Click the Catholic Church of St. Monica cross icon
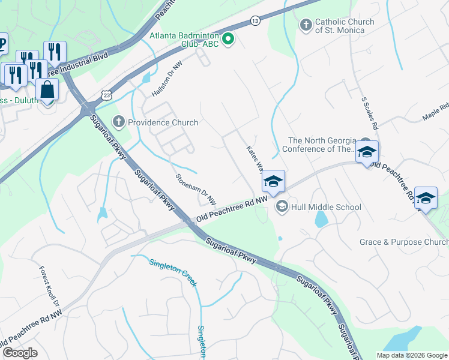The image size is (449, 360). (306, 26)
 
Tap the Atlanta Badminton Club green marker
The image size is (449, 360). (228, 40)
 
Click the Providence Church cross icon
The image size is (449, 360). (119, 122)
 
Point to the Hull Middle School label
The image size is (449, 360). (326, 207)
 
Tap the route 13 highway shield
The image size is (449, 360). (255, 22)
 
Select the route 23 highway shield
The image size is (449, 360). (106, 95)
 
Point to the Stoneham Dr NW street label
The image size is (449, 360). (196, 188)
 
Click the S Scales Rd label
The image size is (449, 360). (369, 113)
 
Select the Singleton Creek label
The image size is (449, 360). (172, 271)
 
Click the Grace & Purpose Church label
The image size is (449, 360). (403, 242)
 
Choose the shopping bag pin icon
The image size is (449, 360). (47, 90)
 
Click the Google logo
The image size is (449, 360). (20, 353)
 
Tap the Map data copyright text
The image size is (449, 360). (412, 355)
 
